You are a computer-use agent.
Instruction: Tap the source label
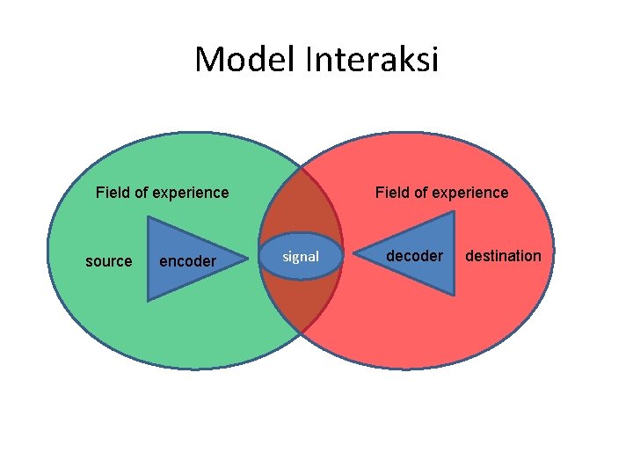pyautogui.click(x=108, y=261)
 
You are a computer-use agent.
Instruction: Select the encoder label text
pyautogui.click(x=187, y=261)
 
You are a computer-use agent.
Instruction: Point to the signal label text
pyautogui.click(x=301, y=257)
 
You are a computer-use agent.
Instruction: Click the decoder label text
pyautogui.click(x=415, y=256)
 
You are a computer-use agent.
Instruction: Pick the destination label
pyautogui.click(x=503, y=256)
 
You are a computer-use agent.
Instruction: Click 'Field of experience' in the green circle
pyautogui.click(x=162, y=193)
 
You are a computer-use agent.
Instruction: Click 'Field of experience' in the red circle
pyautogui.click(x=441, y=193)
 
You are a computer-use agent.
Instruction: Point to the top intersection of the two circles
pyautogui.click(x=301, y=165)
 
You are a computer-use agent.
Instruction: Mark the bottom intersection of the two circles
pyautogui.click(x=301, y=332)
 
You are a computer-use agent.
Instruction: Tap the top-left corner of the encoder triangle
pyautogui.click(x=148, y=217)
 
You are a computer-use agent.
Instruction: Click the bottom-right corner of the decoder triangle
pyautogui.click(x=454, y=294)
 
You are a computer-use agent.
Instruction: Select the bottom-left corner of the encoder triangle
pyautogui.click(x=148, y=300)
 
